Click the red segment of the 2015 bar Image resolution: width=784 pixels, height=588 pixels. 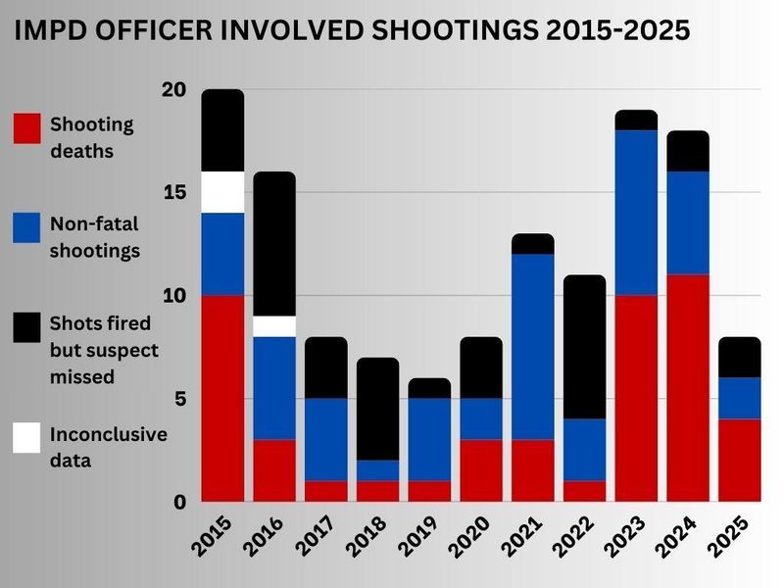222,398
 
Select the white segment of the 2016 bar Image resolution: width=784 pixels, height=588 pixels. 274,326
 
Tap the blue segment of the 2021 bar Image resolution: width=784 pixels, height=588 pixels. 533,347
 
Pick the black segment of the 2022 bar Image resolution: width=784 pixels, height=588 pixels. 585,347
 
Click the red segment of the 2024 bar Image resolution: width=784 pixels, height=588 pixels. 688,388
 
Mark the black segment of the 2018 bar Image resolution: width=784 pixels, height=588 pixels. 378,409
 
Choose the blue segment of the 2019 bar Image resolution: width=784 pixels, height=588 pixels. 429,439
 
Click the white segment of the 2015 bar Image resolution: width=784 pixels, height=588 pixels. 222,191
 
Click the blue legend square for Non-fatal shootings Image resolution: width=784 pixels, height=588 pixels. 26,227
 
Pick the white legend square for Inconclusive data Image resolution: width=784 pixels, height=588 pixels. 26,437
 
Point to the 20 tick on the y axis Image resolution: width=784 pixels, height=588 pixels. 173,89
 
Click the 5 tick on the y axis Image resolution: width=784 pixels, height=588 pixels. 179,399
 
